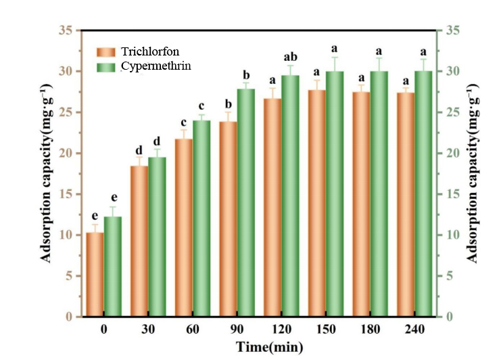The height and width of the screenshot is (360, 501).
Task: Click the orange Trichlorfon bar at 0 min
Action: (x=95, y=274)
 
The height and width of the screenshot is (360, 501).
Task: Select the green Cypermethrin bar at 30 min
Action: (x=157, y=237)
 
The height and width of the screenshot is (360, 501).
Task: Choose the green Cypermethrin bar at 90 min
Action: (x=246, y=203)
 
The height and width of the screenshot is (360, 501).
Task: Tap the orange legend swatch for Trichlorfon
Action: (x=106, y=52)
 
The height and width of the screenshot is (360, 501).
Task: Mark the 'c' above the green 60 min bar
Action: (x=201, y=106)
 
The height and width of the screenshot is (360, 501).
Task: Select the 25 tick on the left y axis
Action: (x=68, y=112)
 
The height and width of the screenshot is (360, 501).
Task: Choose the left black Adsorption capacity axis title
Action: (x=47, y=173)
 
